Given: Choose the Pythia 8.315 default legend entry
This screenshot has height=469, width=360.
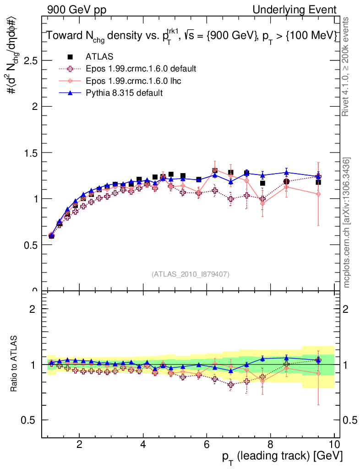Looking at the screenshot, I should (x=124, y=93).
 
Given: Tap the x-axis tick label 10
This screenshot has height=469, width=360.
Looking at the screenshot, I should (x=334, y=444).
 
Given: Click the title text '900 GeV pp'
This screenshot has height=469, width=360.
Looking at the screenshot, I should (x=76, y=10).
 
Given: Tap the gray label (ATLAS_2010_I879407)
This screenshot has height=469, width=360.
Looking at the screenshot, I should (x=191, y=274).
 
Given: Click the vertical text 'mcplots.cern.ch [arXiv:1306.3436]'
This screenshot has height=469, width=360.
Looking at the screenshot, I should (x=348, y=223).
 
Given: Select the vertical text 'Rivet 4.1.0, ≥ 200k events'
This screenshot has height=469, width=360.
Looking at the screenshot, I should (x=348, y=67).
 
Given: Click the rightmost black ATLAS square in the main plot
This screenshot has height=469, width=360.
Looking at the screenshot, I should (x=318, y=182).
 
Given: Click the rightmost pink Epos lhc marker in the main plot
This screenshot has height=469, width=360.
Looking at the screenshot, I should (x=318, y=194).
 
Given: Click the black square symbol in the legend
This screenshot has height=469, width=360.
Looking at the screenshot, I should (x=70, y=57).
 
